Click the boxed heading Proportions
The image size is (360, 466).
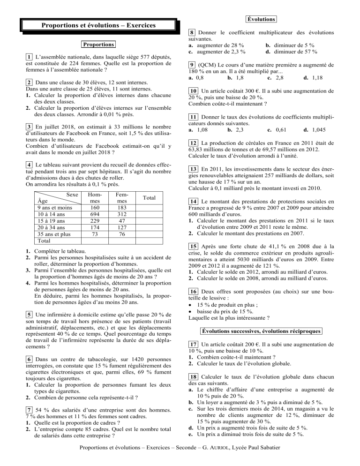pos(98,45)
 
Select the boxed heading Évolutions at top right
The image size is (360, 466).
pos(261,19)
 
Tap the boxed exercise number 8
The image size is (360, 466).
pos(192,32)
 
